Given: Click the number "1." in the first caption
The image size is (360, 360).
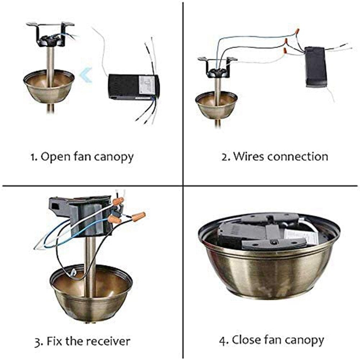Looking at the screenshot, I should (34, 157).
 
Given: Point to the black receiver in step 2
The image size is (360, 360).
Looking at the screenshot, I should (316, 67).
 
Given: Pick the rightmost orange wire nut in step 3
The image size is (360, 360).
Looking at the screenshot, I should (138, 217).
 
